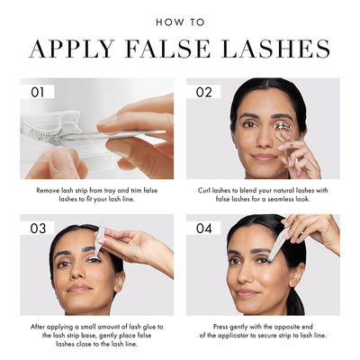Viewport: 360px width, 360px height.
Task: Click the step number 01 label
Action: click(x=38, y=92)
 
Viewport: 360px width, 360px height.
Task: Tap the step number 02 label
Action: click(x=204, y=92)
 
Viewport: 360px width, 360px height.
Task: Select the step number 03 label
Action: click(x=38, y=229)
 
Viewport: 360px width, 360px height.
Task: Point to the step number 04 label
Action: click(x=204, y=229)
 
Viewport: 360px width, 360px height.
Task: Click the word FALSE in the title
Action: click(x=168, y=48)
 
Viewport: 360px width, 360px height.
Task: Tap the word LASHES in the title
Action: click(x=276, y=48)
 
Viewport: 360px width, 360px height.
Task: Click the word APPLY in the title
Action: click(x=72, y=48)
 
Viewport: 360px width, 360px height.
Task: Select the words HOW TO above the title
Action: click(x=180, y=22)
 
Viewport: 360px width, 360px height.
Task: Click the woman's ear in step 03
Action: click(x=119, y=282)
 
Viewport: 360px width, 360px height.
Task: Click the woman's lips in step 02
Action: click(x=263, y=157)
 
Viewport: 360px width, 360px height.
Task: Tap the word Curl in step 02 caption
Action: click(x=204, y=190)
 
